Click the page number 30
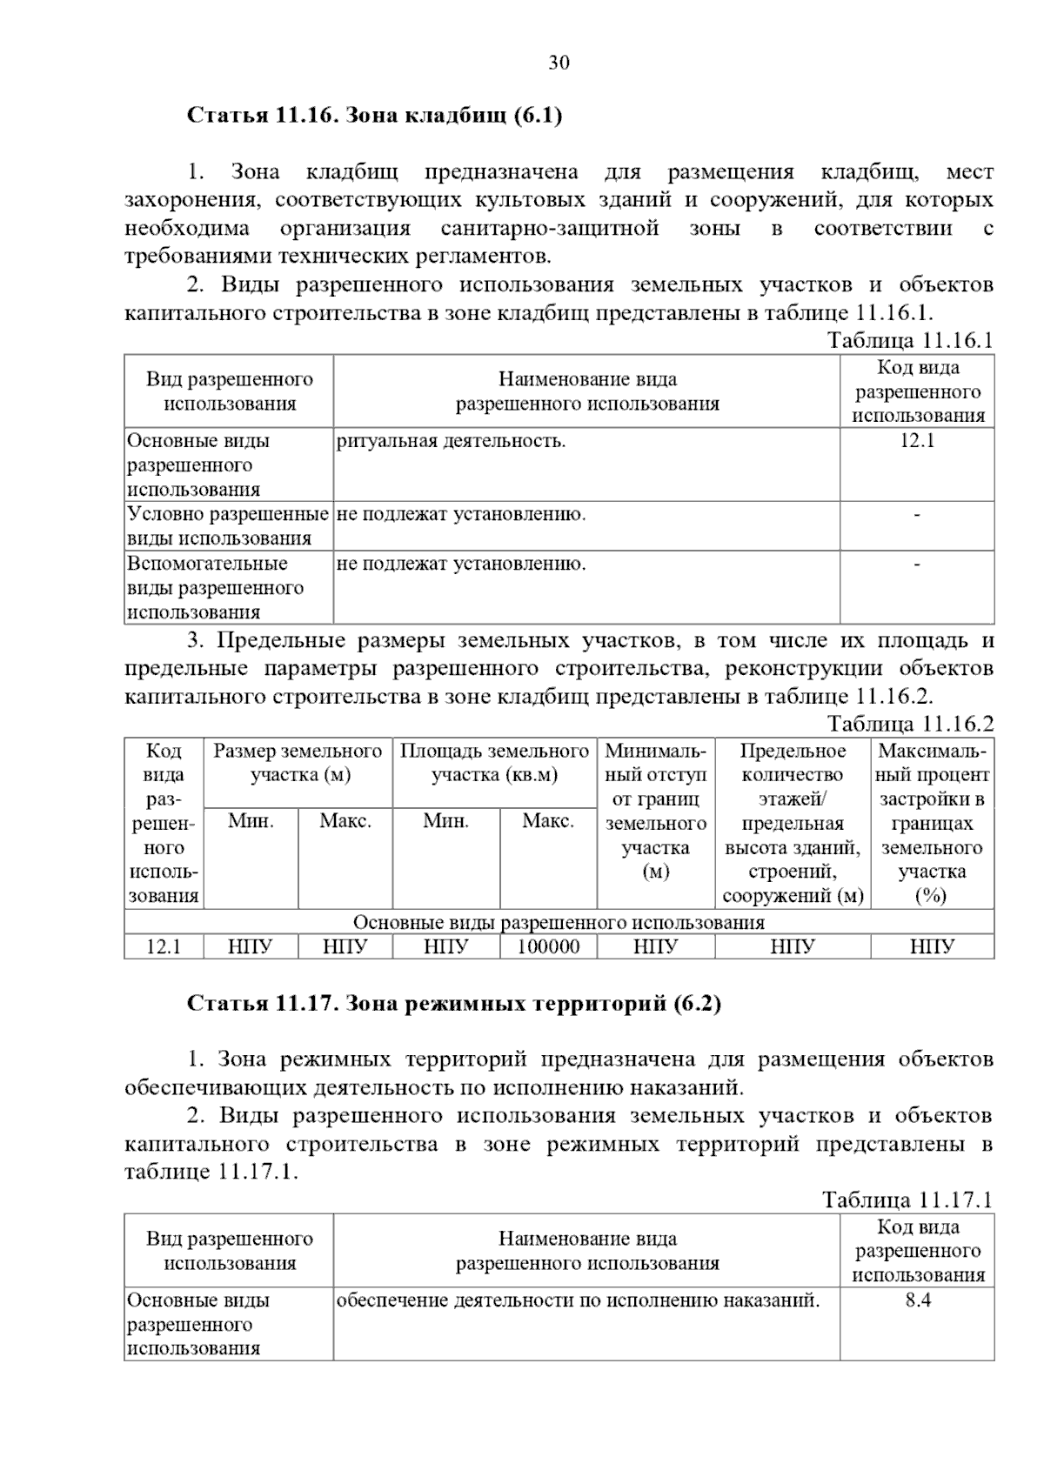point(559,63)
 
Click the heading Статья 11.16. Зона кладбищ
point(375,116)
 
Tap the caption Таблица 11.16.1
point(910,340)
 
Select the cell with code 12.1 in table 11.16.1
point(917,441)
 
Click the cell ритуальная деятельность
point(451,441)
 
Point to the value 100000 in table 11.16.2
point(548,946)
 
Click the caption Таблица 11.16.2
point(910,724)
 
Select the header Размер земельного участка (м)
point(298,763)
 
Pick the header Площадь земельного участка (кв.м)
point(494,763)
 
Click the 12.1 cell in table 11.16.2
point(164,946)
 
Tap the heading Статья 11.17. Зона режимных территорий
point(454,1004)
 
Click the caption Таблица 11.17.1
point(907,1200)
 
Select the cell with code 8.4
point(917,1300)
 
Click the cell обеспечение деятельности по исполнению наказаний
point(579,1300)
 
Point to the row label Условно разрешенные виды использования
point(228,526)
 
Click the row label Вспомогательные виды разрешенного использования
point(216,587)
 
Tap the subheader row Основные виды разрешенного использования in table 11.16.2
point(559,922)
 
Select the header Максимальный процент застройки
point(932,823)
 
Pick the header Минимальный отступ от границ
point(655,811)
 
